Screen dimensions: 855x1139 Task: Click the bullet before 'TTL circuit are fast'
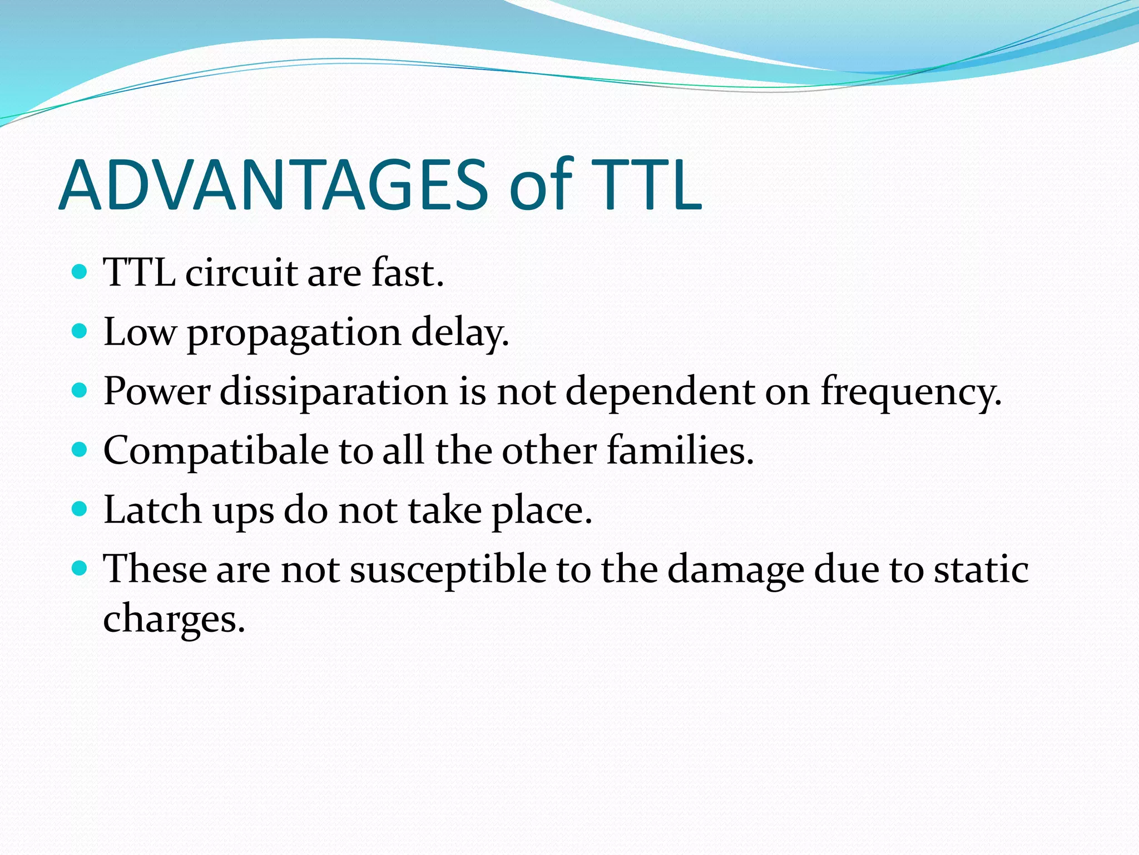(80, 272)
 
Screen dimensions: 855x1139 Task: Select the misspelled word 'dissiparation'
(334, 392)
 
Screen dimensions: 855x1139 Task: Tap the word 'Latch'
(152, 510)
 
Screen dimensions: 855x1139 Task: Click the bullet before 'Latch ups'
(80, 509)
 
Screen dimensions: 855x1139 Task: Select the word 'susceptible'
(448, 570)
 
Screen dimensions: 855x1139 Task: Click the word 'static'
(981, 570)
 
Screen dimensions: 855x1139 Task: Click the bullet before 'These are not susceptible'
(80, 568)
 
